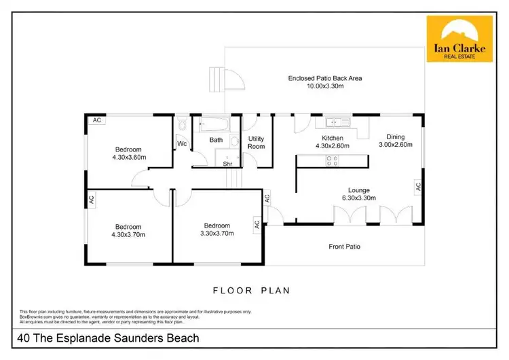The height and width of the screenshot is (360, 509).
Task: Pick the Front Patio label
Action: point(345,247)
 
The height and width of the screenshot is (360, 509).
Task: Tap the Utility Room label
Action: point(256,142)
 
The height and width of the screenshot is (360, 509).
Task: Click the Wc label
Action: point(182,144)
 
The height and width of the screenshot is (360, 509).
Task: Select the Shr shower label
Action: point(228,162)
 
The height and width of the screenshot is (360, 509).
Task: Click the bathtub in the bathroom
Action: point(214,124)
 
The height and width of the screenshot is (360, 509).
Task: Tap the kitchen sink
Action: point(337,123)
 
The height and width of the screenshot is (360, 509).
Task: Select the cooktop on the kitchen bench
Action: point(333,161)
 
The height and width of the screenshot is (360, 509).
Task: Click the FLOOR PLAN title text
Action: point(252,291)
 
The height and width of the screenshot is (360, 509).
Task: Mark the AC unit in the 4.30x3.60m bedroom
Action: point(97,120)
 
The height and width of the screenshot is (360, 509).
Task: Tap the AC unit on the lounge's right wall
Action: point(418,185)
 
